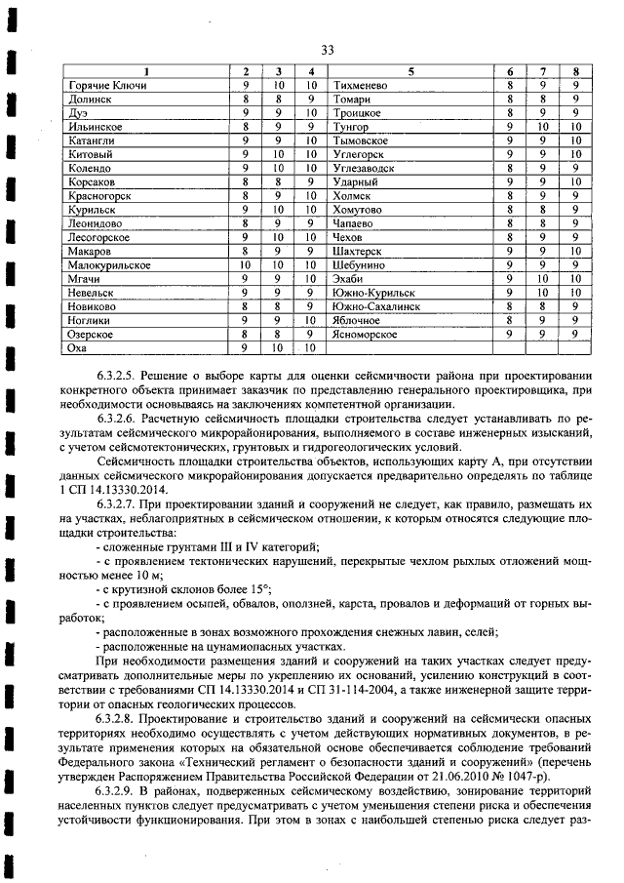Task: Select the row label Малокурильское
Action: point(108,264)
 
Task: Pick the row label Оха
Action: point(79,346)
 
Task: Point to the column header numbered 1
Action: point(147,72)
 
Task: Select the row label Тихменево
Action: point(362,86)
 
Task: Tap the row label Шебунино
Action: point(359,264)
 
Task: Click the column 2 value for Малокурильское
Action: point(246,264)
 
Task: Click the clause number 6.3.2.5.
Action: point(119,376)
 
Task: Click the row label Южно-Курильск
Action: point(373,292)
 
